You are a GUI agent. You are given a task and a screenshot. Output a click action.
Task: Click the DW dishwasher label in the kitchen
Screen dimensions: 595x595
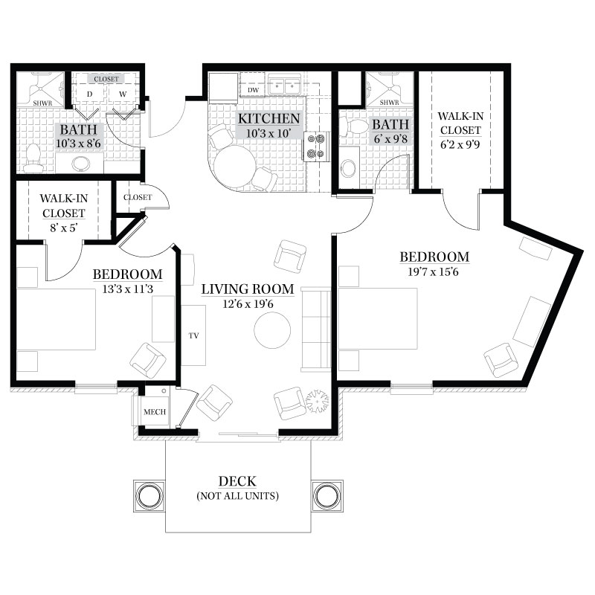coord(253,90)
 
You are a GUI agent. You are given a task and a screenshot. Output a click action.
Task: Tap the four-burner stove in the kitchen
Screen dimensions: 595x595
coord(315,146)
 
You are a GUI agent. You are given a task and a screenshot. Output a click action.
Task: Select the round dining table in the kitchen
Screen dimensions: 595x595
coord(235,165)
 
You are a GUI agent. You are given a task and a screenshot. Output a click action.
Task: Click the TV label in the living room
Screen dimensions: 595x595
coord(193,336)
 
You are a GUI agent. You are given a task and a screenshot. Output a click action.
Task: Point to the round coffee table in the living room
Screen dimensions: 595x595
coord(272,329)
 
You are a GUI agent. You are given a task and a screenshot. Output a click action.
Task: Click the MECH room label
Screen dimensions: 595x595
coord(155,412)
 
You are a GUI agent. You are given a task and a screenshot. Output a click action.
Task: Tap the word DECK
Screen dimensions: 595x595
coord(237,481)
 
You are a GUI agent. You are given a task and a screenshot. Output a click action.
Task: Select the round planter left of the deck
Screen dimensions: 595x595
coord(149,496)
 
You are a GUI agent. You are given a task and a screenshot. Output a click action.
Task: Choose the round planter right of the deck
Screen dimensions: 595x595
coord(327,496)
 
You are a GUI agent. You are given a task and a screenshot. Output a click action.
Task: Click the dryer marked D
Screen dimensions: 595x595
coord(89,94)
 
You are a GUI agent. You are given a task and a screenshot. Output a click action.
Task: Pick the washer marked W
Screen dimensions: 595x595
coord(123,94)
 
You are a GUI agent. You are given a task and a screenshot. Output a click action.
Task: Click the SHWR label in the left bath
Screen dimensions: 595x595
coord(42,103)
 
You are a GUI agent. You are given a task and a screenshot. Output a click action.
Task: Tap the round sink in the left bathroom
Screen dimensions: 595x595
coord(80,164)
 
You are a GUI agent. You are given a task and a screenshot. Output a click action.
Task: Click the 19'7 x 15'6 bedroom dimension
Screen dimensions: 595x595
coord(433,271)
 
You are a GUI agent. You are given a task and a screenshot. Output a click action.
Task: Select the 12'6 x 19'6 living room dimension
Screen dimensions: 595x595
coord(248,304)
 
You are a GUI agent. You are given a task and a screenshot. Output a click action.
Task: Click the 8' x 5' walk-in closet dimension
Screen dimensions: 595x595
coord(63,228)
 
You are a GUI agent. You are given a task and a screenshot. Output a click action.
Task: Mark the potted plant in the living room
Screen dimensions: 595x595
coord(318,402)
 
